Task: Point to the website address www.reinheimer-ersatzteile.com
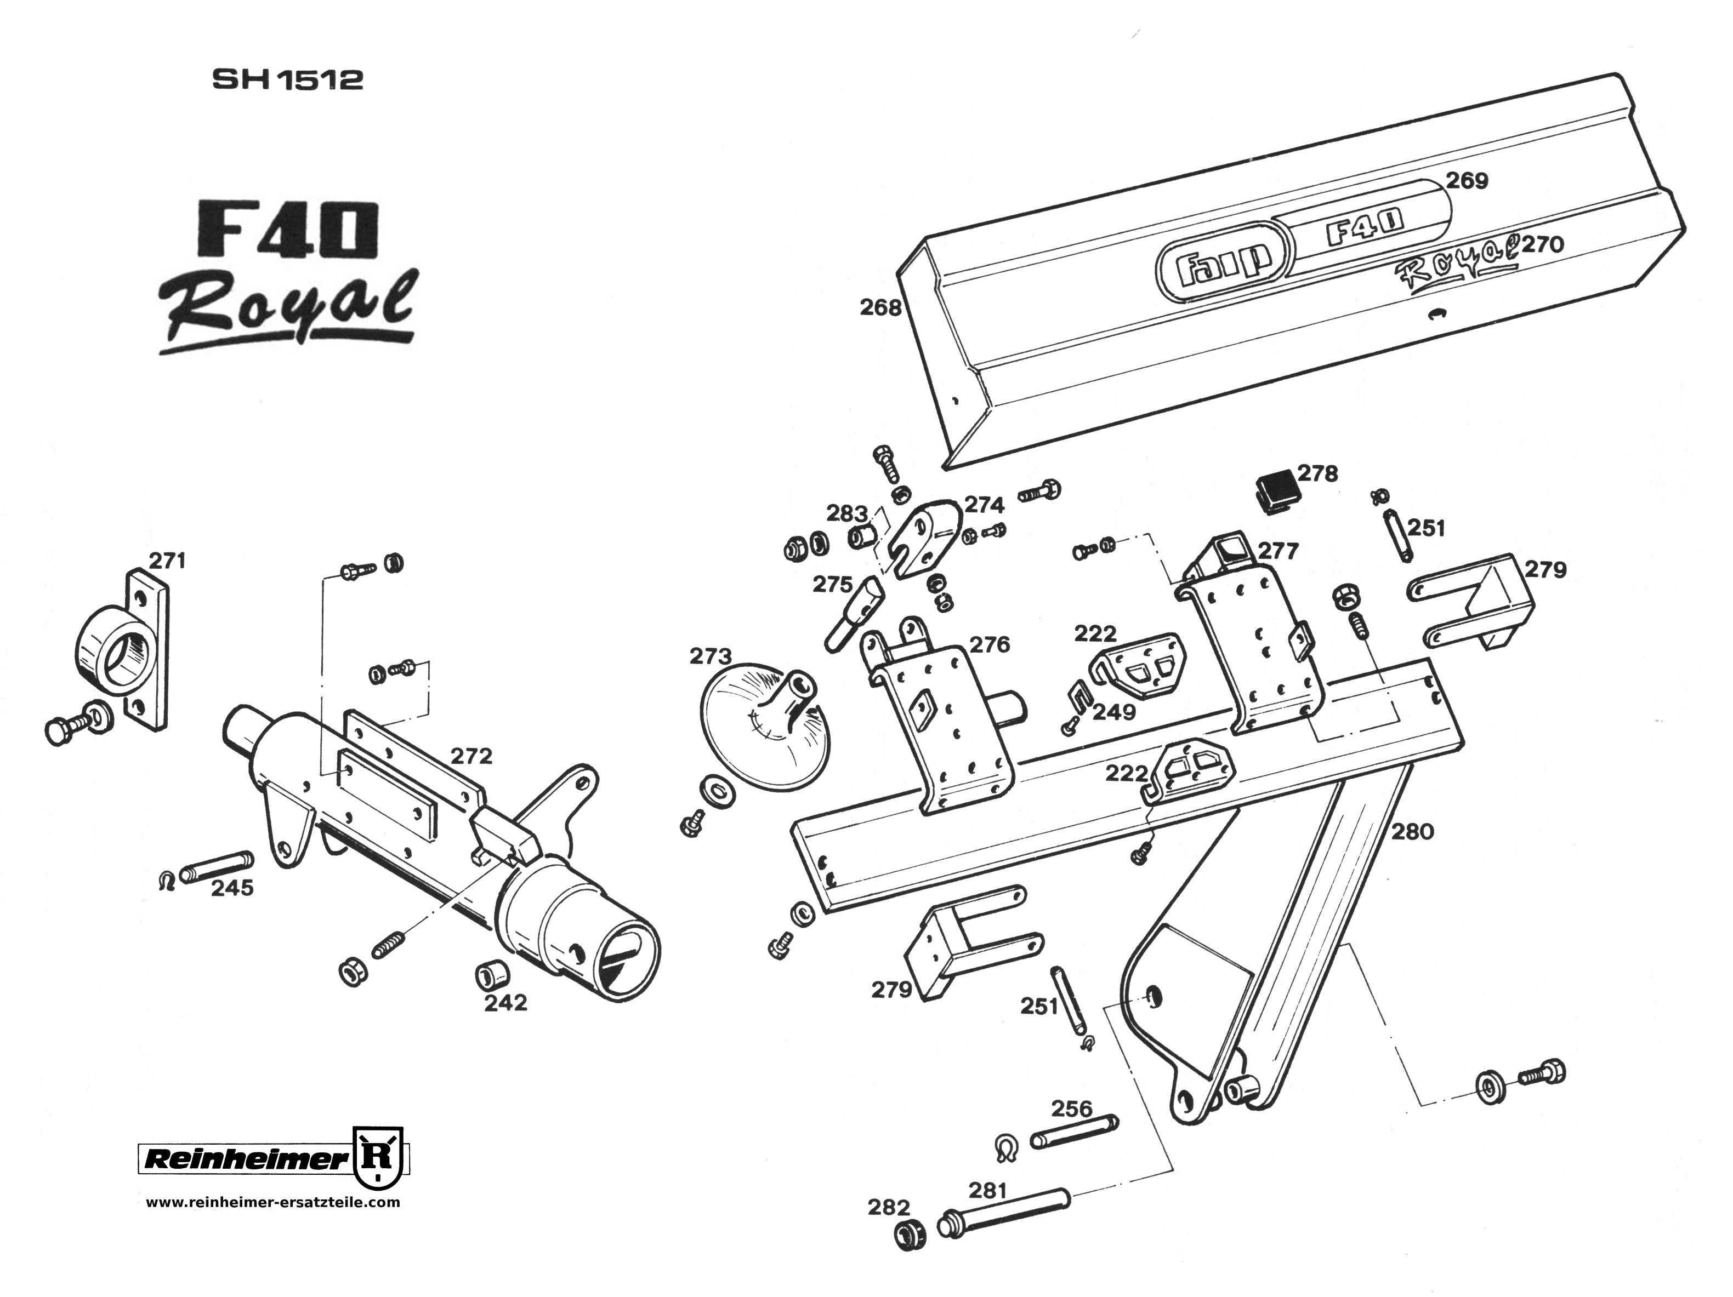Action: click(x=272, y=1202)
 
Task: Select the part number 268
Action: click(x=880, y=308)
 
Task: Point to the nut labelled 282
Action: click(x=909, y=1235)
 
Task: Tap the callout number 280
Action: click(x=1413, y=831)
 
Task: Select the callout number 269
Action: click(x=1467, y=181)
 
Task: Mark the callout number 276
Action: click(x=990, y=644)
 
